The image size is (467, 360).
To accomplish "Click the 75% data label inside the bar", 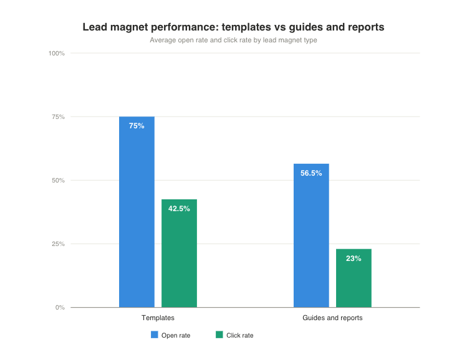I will pyautogui.click(x=137, y=126).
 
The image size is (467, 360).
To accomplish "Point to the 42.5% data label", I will pyautogui.click(x=179, y=209).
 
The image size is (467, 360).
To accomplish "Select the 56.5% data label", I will pyautogui.click(x=311, y=173).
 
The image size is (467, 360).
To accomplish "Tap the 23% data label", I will pyautogui.click(x=354, y=258).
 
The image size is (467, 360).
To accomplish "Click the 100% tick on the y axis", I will pyautogui.click(x=57, y=54).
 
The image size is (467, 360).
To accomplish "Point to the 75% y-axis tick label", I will pyautogui.click(x=58, y=117).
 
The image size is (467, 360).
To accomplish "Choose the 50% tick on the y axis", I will pyautogui.click(x=58, y=181).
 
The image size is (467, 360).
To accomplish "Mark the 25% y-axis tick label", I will pyautogui.click(x=58, y=244).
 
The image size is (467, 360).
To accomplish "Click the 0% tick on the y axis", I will pyautogui.click(x=60, y=308).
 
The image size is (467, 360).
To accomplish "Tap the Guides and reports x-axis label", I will pyautogui.click(x=332, y=318).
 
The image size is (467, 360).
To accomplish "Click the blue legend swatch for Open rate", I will pyautogui.click(x=155, y=335).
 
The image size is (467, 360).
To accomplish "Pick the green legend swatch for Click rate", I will pyautogui.click(x=219, y=335).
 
